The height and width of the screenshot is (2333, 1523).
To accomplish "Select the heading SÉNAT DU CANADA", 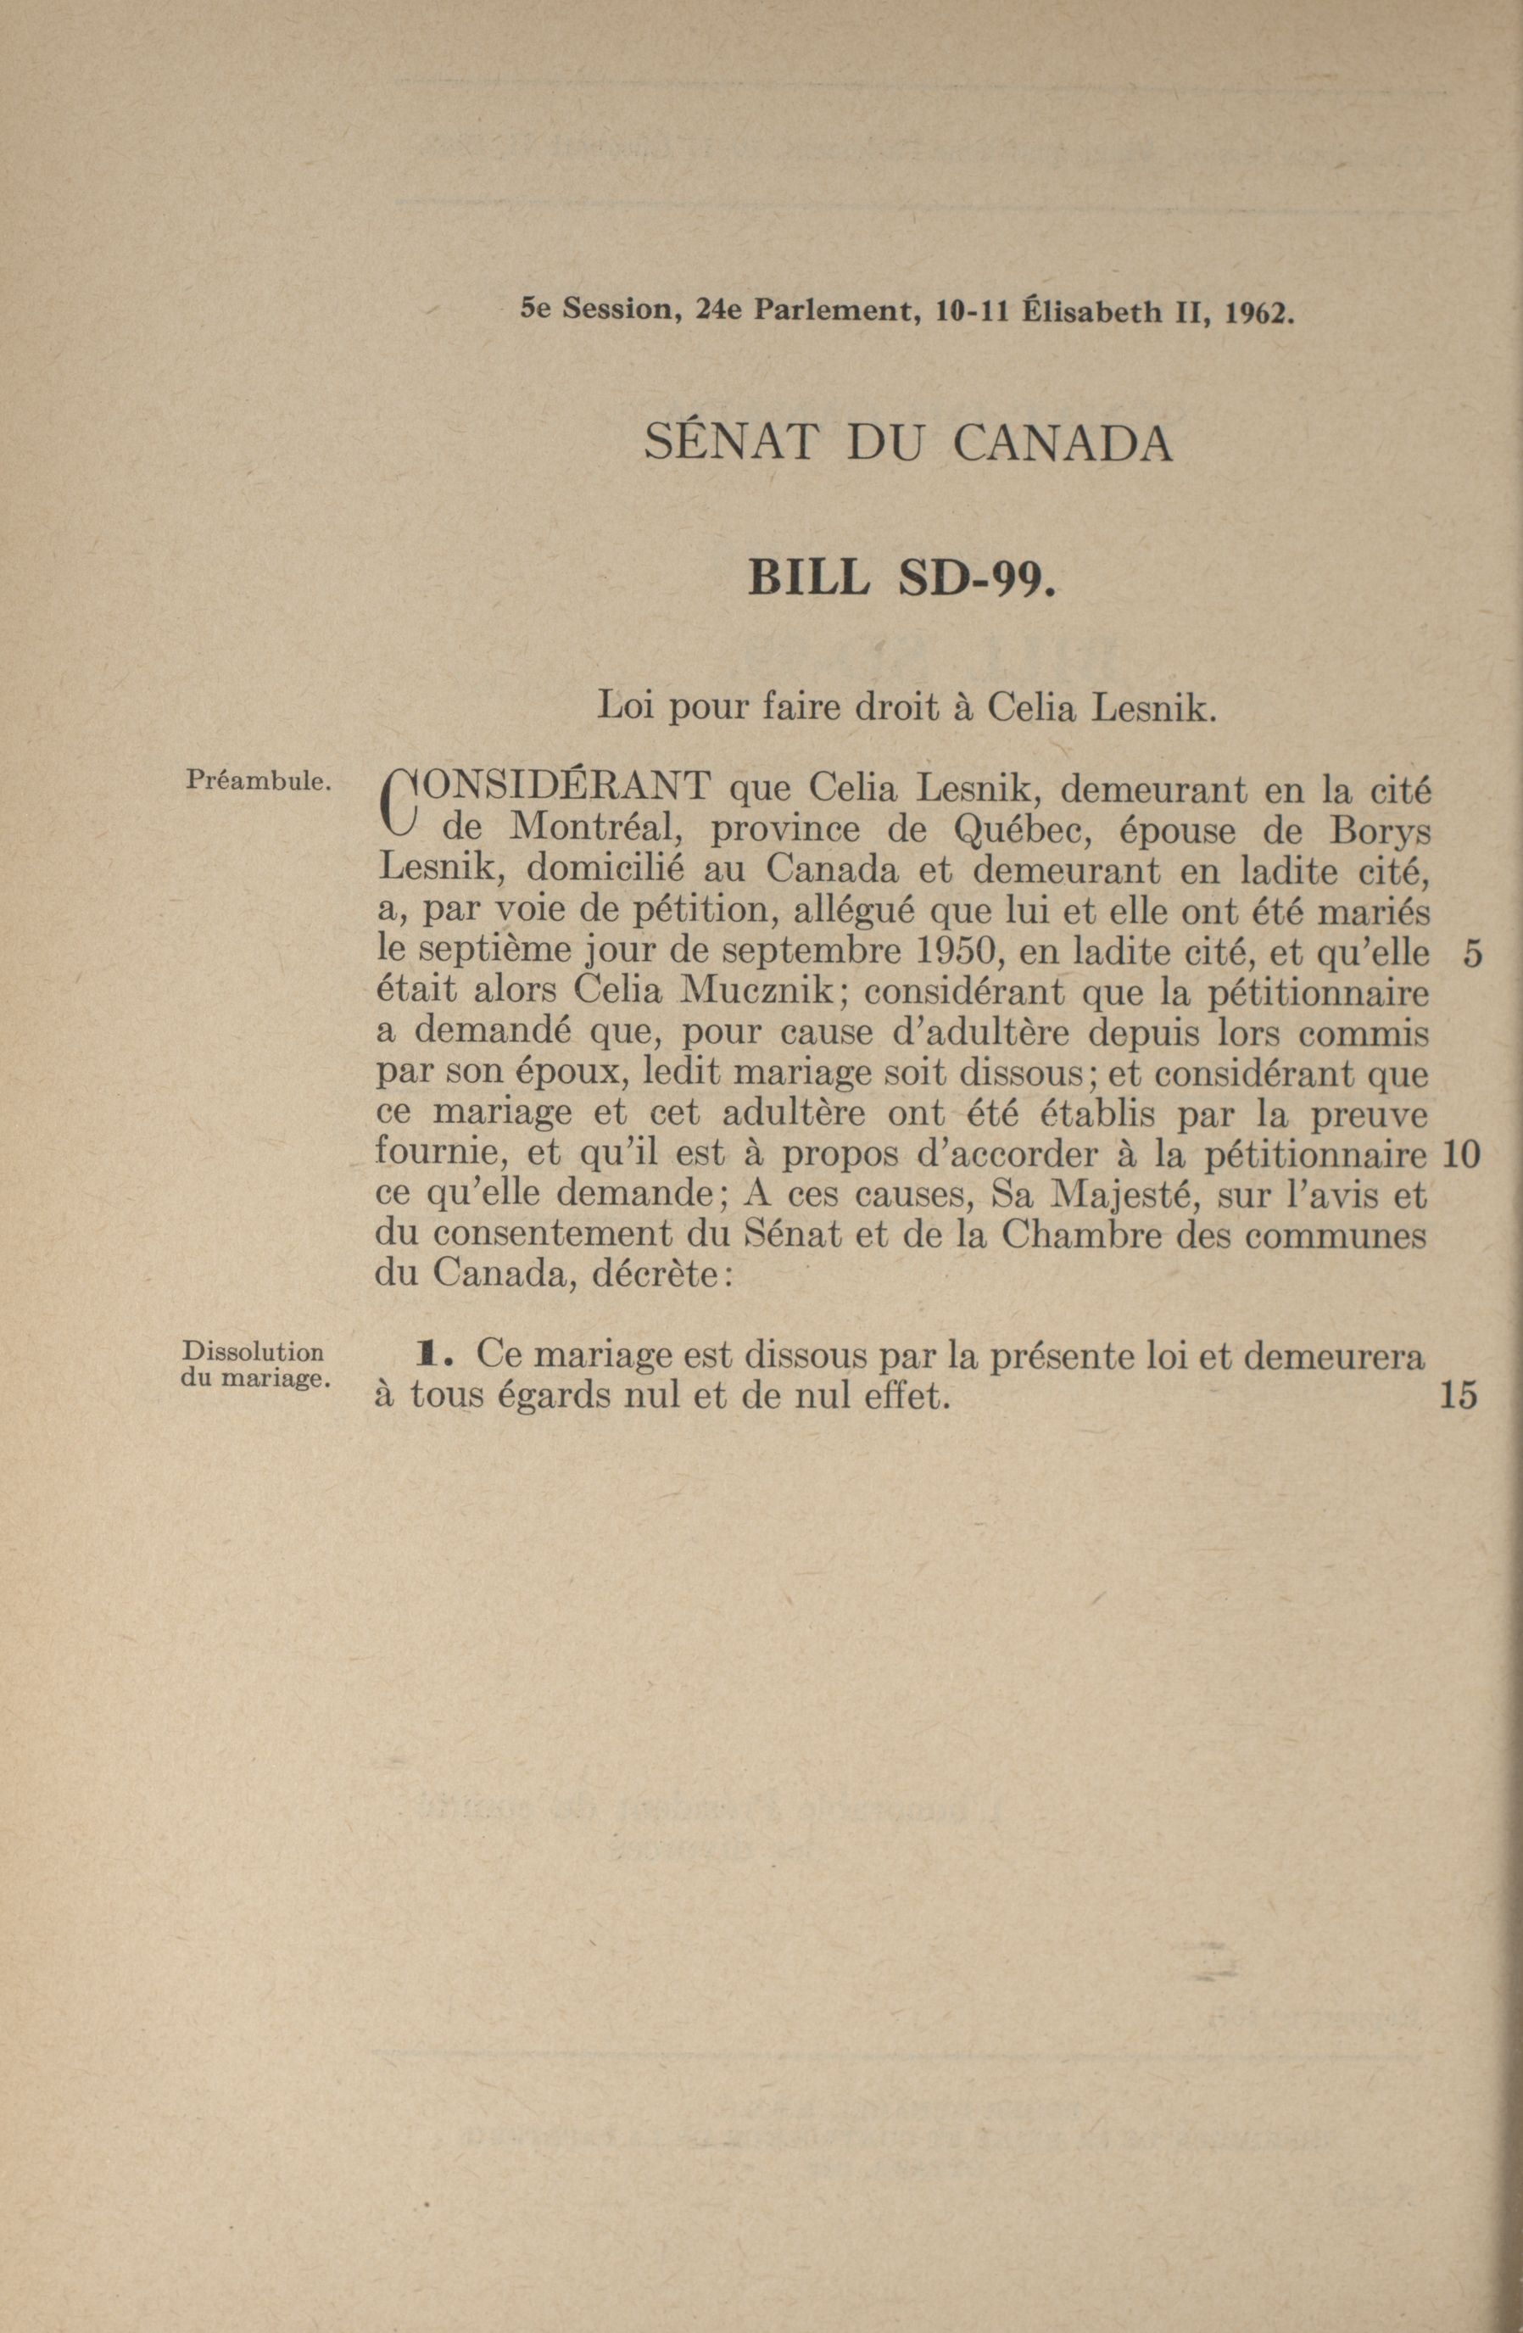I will coord(907,445).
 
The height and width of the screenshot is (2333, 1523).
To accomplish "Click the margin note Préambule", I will coord(258,781).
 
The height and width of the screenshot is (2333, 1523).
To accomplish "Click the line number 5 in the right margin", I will coord(1470,954).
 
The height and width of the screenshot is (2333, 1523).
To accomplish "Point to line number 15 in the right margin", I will coord(1459,1396).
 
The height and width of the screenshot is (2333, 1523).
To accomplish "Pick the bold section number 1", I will coord(426,1357).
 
